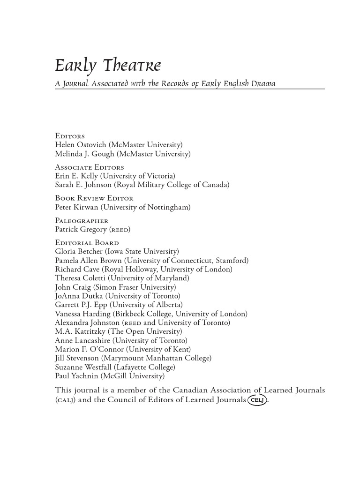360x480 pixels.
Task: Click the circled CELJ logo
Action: click(x=257, y=400)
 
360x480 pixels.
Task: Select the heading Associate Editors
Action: click(x=90, y=167)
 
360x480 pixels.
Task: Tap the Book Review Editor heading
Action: click(x=94, y=198)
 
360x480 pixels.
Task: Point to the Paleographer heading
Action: click(x=82, y=220)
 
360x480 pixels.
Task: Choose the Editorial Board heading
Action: click(x=87, y=243)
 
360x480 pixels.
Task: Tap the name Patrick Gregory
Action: click(x=81, y=229)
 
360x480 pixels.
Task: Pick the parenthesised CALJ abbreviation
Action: click(x=66, y=400)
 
